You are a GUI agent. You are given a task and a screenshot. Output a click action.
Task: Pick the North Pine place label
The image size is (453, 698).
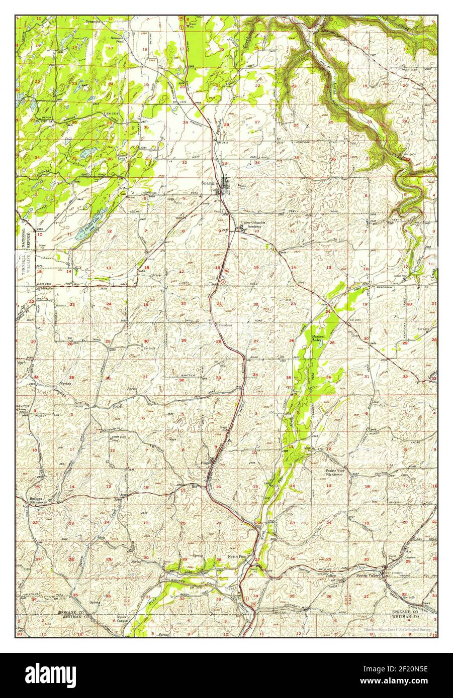(x=236, y=557)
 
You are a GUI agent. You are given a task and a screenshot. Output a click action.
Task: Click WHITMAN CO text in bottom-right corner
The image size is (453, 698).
(x=409, y=618)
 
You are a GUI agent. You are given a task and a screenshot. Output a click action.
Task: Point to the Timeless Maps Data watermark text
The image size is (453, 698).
(x=397, y=629)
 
